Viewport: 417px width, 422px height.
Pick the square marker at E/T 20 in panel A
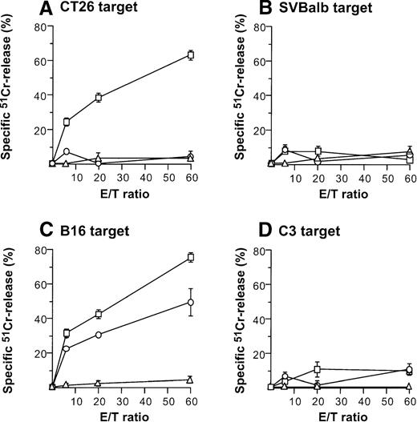98,98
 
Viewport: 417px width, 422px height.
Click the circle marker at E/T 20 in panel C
98,335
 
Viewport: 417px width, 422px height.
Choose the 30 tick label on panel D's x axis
340,400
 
